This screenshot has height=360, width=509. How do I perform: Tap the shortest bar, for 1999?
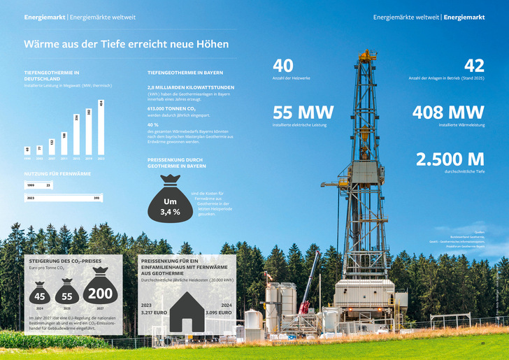(x=27, y=152)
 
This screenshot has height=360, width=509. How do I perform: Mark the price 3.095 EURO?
(x=218, y=312)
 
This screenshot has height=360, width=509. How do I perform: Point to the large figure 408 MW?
(x=448, y=112)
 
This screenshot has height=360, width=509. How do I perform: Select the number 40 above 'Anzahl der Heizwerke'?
(x=283, y=66)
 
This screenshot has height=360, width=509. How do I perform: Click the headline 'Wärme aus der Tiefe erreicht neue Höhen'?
(x=126, y=44)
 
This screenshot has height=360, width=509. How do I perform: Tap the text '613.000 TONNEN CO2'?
(x=171, y=109)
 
